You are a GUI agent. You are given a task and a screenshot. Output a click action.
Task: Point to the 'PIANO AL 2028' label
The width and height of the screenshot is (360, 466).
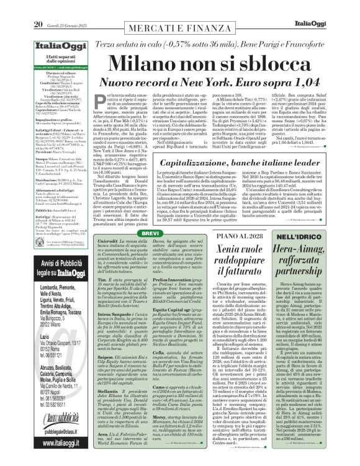tap(232, 218)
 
